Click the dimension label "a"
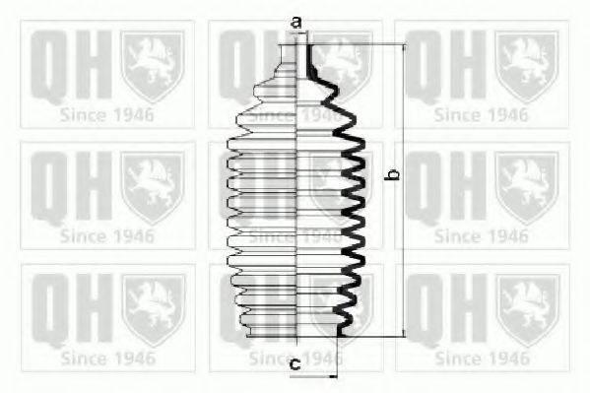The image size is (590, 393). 296,23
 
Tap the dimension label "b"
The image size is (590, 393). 394,174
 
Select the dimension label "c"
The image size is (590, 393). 295,364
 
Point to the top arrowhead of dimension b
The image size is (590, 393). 405,47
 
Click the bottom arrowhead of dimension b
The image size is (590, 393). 405,333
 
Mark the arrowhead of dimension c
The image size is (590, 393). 333,375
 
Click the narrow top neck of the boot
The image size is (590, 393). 297,56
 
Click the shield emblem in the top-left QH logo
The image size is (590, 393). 153,66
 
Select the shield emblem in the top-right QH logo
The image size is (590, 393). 526,66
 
